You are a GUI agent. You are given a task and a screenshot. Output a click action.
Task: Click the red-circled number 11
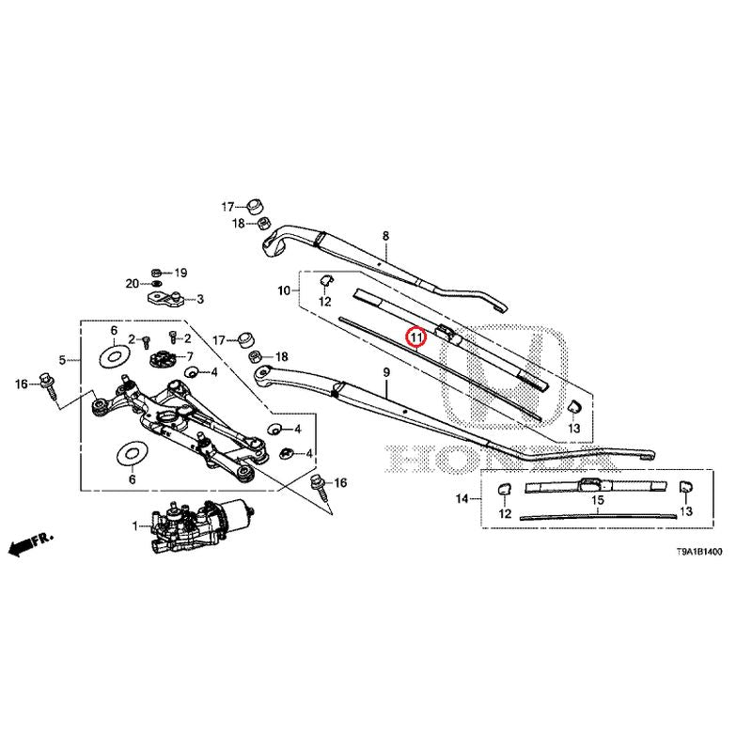(x=415, y=337)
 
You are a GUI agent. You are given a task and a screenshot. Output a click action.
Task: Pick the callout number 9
(x=385, y=374)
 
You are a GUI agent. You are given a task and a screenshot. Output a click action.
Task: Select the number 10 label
(x=283, y=291)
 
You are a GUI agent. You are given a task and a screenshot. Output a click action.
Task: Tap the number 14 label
(x=462, y=498)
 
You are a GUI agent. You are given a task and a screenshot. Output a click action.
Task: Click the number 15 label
(x=597, y=501)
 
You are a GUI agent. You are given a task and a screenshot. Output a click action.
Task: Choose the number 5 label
(x=63, y=359)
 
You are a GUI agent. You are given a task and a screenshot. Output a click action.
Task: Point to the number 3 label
(x=199, y=300)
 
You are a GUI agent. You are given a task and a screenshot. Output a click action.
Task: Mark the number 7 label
(x=189, y=357)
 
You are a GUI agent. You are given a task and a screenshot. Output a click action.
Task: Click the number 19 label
(x=181, y=273)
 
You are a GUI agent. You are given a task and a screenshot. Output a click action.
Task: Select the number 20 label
(x=133, y=283)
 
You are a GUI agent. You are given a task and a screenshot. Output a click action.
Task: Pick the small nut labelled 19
(x=157, y=272)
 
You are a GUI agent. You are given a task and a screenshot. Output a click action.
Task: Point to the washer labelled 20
(x=156, y=283)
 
